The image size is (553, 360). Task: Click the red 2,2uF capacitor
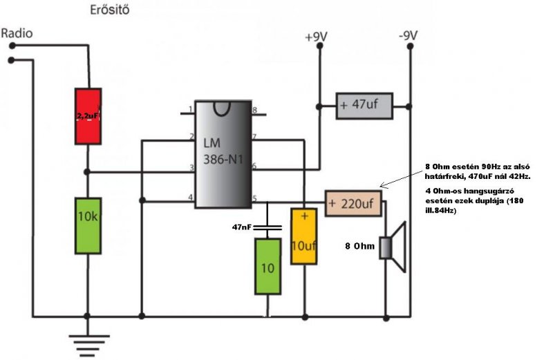(88, 116)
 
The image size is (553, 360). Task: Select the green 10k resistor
(88, 226)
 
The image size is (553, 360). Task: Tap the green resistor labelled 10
(268, 266)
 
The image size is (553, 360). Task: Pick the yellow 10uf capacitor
(303, 236)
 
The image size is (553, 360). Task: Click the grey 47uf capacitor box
(364, 106)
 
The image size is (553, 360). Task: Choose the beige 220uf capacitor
(353, 203)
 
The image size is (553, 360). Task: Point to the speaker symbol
(393, 247)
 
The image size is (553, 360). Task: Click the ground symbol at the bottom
(88, 345)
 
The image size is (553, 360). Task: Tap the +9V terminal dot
(320, 46)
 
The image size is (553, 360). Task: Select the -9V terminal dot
(410, 46)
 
